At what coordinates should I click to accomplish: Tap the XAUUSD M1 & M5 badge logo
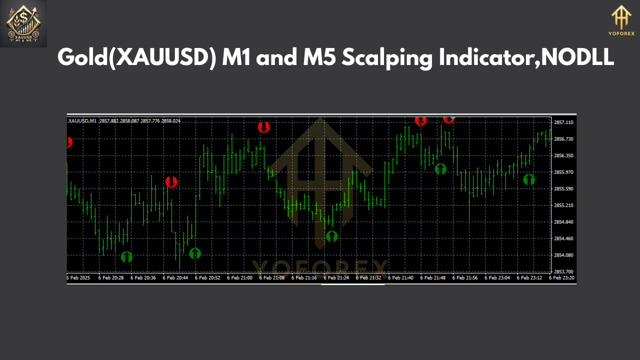[x=23, y=23]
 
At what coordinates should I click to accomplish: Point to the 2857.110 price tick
[x=563, y=122]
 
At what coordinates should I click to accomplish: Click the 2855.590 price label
[x=563, y=189]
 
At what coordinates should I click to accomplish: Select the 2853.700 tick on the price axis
[x=563, y=271]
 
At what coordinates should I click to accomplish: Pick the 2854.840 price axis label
[x=563, y=222]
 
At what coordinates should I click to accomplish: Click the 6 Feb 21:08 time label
[x=272, y=277]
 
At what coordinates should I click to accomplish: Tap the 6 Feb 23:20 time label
[x=561, y=277]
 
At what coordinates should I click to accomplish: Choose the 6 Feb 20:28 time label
[x=111, y=277]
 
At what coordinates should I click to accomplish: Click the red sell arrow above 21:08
[x=263, y=127]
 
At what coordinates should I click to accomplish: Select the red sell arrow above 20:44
[x=171, y=181]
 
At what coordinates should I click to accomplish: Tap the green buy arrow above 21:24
[x=331, y=236]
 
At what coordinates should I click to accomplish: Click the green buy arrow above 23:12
[x=529, y=179]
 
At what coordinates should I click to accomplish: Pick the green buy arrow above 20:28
[x=127, y=257]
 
